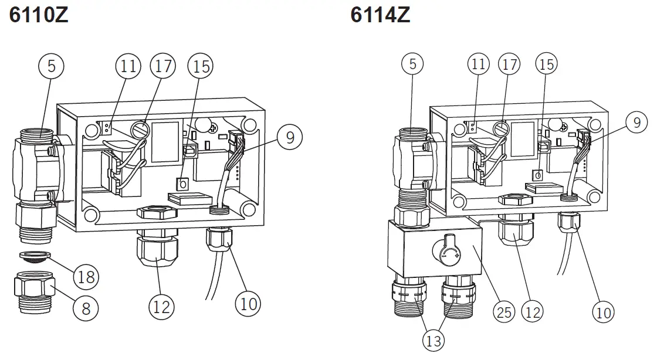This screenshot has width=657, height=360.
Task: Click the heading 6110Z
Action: point(39,15)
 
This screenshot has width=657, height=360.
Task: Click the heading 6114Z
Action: point(380,15)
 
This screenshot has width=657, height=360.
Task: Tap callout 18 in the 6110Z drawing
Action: point(86,276)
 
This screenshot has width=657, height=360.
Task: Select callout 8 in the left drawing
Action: point(86,308)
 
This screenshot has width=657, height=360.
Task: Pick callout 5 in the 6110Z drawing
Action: point(52,67)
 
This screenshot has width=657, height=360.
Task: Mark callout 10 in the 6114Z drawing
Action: point(604,312)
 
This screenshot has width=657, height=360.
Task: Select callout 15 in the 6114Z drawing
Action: point(546,64)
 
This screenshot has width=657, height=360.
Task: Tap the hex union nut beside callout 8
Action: point(34,288)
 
